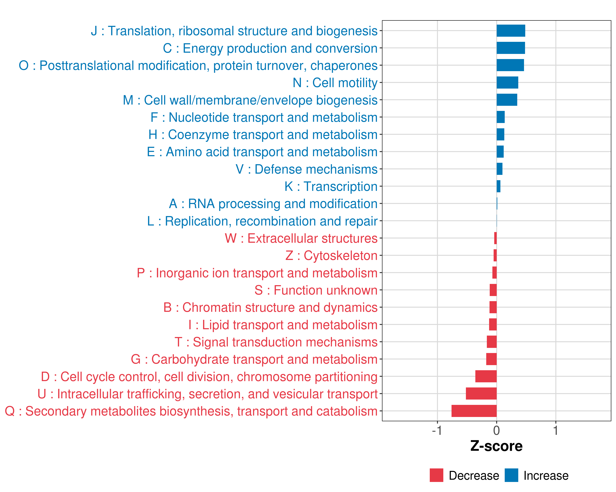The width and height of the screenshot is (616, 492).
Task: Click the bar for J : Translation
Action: click(x=511, y=31)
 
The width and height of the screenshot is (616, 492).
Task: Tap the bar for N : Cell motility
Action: click(x=507, y=83)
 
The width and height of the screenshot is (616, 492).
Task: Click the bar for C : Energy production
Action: click(x=511, y=48)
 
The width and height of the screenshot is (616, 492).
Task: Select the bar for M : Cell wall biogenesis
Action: click(x=507, y=100)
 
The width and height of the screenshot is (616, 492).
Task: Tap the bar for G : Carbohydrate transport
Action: click(x=491, y=359)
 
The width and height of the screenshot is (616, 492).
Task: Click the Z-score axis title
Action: click(x=496, y=446)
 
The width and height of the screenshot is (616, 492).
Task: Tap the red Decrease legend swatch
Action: click(x=436, y=475)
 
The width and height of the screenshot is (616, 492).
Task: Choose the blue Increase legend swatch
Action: click(x=511, y=475)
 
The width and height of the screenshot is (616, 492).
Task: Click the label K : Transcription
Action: click(x=331, y=187)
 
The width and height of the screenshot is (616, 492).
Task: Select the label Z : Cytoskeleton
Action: click(x=331, y=256)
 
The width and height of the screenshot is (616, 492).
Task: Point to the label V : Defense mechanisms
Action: click(x=307, y=169)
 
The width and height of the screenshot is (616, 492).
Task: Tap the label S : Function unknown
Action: click(x=316, y=290)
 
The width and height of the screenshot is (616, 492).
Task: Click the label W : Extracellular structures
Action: click(x=301, y=238)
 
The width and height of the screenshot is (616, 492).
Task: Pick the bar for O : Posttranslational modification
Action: click(x=510, y=65)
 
